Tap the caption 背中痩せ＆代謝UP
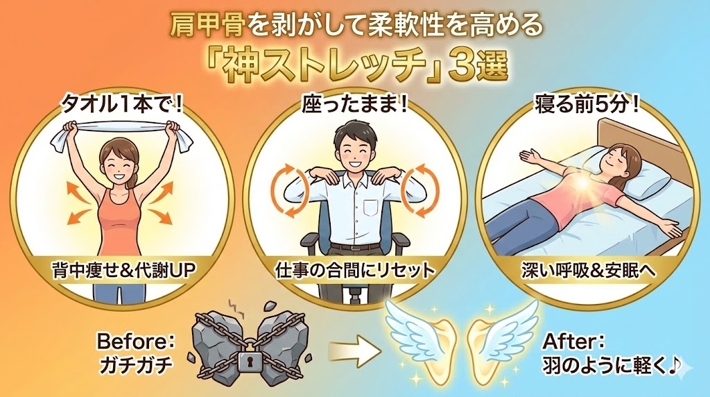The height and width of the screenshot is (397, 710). [123, 271]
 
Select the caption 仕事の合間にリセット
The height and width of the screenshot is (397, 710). [355, 271]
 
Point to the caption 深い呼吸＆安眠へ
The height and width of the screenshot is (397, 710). [588, 271]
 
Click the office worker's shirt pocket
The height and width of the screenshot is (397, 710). [370, 208]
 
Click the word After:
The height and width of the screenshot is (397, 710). [573, 341]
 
